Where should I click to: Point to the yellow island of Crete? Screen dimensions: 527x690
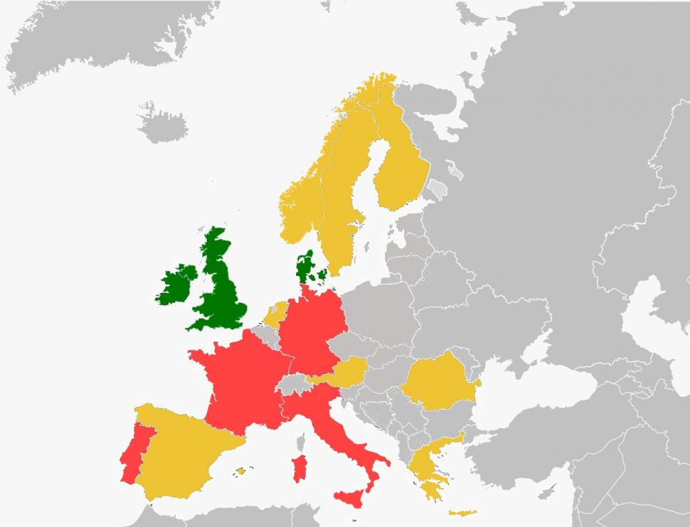coord(463,513)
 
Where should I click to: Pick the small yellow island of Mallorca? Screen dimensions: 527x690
coord(241,471)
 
